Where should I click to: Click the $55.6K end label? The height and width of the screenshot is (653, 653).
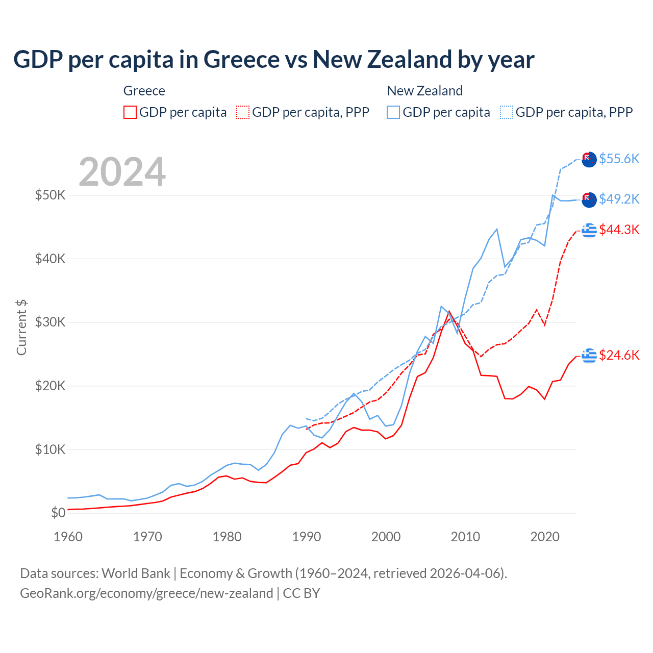pyautogui.click(x=619, y=159)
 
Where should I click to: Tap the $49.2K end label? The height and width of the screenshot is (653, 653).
pyautogui.click(x=619, y=199)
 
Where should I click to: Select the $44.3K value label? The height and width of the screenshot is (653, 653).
pyautogui.click(x=619, y=230)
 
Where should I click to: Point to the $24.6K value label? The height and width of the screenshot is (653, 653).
pyautogui.click(x=619, y=355)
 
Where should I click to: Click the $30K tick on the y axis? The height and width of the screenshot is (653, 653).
pyautogui.click(x=50, y=322)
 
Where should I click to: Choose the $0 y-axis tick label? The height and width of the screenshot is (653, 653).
pyautogui.click(x=58, y=513)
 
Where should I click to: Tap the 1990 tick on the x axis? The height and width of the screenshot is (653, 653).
pyautogui.click(x=307, y=537)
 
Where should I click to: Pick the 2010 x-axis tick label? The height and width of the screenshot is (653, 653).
pyautogui.click(x=465, y=537)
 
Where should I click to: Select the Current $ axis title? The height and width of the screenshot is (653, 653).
pyautogui.click(x=21, y=328)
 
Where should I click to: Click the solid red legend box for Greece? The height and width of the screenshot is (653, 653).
pyautogui.click(x=130, y=112)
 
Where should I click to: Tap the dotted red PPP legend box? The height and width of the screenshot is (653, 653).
pyautogui.click(x=243, y=112)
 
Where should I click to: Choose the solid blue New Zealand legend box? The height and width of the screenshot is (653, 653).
pyautogui.click(x=393, y=112)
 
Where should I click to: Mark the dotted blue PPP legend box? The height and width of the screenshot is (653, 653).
pyautogui.click(x=507, y=112)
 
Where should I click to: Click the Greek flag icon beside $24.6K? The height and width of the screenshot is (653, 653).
pyautogui.click(x=589, y=355)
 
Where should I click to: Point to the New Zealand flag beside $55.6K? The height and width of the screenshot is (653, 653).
pyautogui.click(x=589, y=159)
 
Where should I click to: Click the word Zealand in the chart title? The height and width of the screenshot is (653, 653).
pyautogui.click(x=409, y=60)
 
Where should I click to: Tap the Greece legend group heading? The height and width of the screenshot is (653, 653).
pyautogui.click(x=144, y=91)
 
